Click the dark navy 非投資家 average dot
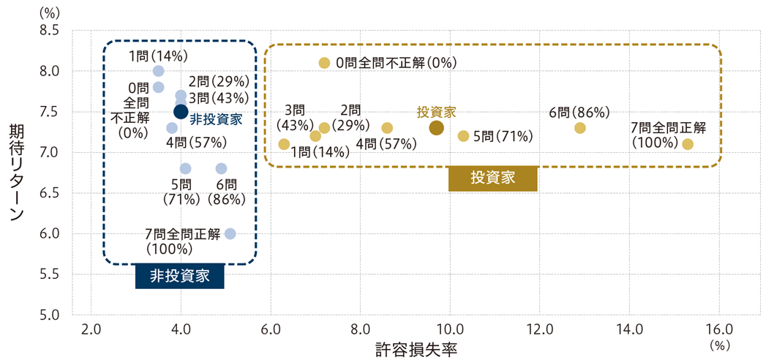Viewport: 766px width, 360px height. tap(181, 111)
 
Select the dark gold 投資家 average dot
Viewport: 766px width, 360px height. tap(436, 128)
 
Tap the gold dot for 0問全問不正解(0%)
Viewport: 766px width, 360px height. tap(324, 63)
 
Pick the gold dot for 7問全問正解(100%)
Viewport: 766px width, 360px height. tap(687, 144)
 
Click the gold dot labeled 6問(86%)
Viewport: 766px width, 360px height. tap(579, 128)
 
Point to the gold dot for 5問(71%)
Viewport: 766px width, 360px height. tap(463, 136)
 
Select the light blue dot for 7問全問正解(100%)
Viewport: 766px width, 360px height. tap(230, 234)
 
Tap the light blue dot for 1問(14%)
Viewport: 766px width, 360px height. tap(158, 71)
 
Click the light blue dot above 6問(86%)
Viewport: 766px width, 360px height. tap(221, 168)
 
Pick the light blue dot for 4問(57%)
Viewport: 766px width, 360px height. tap(172, 128)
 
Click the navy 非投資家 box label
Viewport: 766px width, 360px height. tap(179, 276)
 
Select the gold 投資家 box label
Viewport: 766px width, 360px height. tap(492, 179)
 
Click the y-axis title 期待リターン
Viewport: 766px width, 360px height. tap(16, 173)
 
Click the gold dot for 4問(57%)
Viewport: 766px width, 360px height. tap(387, 128)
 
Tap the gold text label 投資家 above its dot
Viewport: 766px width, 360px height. tap(436, 112)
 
